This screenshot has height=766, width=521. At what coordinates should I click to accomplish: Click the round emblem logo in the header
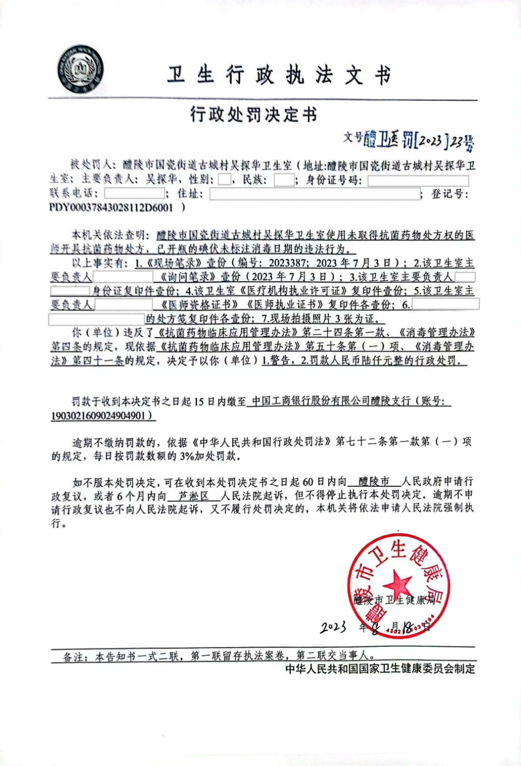[80, 69]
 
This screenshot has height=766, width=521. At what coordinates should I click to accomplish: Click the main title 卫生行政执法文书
[279, 75]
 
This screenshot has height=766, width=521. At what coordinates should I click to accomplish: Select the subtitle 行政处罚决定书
[253, 114]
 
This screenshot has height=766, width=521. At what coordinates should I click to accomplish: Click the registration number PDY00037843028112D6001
[111, 207]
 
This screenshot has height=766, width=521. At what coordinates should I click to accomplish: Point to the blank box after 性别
[224, 180]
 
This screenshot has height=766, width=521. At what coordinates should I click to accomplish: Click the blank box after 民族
[284, 180]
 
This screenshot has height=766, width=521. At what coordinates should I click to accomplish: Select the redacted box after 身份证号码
[418, 180]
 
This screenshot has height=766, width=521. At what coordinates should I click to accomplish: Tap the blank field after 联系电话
[134, 194]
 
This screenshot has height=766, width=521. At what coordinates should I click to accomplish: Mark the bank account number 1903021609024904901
[102, 416]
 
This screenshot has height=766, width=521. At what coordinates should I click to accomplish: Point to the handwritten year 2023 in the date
[333, 627]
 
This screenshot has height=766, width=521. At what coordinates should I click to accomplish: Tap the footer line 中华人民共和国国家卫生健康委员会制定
[380, 669]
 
